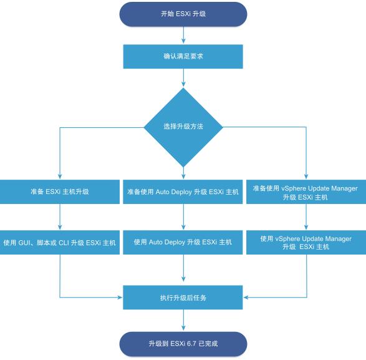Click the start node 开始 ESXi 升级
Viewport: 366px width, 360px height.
point(183,15)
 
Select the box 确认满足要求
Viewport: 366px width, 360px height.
point(183,56)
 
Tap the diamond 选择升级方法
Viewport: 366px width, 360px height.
point(183,127)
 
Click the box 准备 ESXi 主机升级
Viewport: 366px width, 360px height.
point(60,192)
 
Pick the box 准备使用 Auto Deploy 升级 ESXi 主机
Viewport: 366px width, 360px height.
point(183,192)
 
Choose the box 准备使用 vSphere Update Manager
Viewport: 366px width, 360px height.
point(306,192)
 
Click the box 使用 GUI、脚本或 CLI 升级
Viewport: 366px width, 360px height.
point(60,241)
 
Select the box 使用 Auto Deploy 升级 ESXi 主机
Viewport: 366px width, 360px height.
point(183,241)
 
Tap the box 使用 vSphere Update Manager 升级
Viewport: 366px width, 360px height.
point(306,242)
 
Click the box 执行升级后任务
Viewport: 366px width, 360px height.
point(183,298)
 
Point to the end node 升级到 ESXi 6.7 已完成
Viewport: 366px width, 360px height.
point(183,344)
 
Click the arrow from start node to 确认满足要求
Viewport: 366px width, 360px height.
point(183,36)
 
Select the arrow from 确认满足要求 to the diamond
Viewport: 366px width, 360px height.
point(183,77)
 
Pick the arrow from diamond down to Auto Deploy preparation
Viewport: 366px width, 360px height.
point(183,172)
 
